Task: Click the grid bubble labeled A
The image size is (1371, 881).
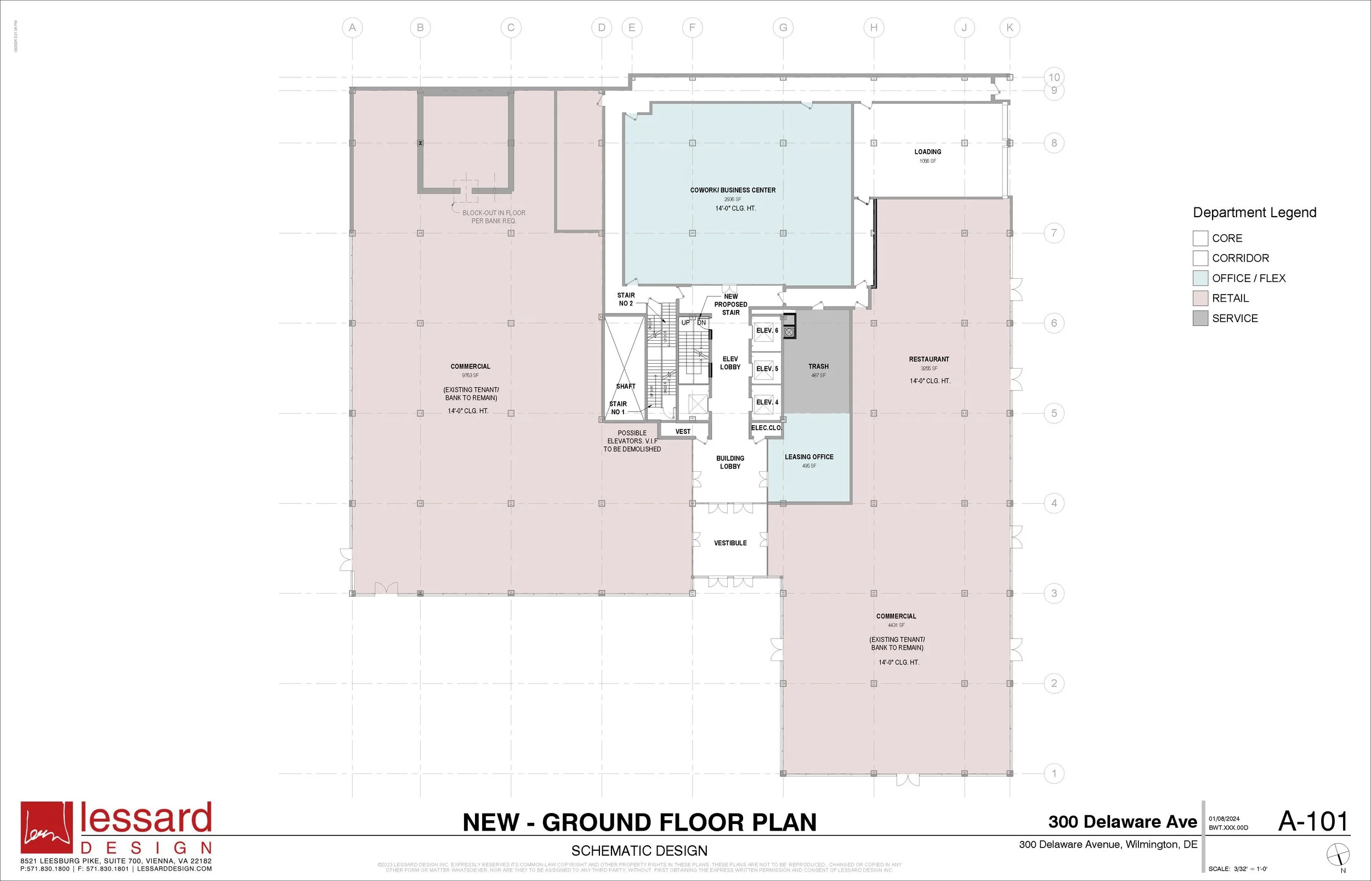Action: pyautogui.click(x=352, y=27)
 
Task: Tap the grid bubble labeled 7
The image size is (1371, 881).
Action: pyautogui.click(x=1053, y=233)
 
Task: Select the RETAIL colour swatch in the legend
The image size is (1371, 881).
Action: pyautogui.click(x=1200, y=298)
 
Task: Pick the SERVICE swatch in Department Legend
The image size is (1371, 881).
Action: pyautogui.click(x=1200, y=318)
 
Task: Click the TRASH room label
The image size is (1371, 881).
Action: pyautogui.click(x=818, y=366)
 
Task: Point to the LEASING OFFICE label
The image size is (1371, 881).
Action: pyautogui.click(x=808, y=456)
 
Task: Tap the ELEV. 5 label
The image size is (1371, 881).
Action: pyautogui.click(x=767, y=369)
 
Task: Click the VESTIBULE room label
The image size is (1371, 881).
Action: pyautogui.click(x=730, y=543)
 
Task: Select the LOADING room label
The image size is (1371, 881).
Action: pyautogui.click(x=927, y=151)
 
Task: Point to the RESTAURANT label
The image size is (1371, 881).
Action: pyautogui.click(x=928, y=359)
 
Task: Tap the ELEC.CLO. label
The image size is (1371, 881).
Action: pyautogui.click(x=766, y=428)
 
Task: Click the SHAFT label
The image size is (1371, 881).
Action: pyautogui.click(x=626, y=386)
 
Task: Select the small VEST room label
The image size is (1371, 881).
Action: pyautogui.click(x=683, y=431)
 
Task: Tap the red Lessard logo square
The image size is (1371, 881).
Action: pyautogui.click(x=47, y=827)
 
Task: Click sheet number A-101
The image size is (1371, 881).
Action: pyautogui.click(x=1313, y=822)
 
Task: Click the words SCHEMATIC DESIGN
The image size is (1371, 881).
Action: pyautogui.click(x=639, y=851)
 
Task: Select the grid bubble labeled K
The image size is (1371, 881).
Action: pyautogui.click(x=1009, y=27)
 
